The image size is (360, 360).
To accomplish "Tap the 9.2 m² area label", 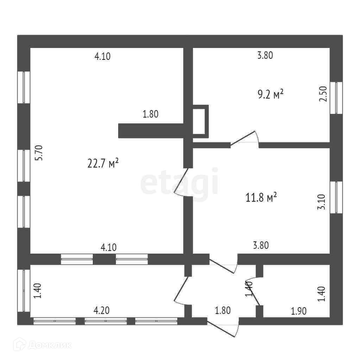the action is [x=271, y=94].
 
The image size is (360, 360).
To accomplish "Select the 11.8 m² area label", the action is [x=261, y=197].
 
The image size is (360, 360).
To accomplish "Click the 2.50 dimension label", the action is [x=323, y=94].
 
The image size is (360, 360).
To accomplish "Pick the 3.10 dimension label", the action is [x=321, y=203].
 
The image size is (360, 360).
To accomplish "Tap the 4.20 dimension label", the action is [x=101, y=310].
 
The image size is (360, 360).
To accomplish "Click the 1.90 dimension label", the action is [x=298, y=311].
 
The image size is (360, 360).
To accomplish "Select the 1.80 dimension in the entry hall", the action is [x=222, y=310].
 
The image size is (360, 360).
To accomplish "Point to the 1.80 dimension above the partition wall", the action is [x=151, y=114].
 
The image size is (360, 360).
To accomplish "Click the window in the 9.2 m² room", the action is [x=338, y=98].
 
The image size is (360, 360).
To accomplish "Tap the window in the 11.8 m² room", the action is [x=338, y=197].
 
